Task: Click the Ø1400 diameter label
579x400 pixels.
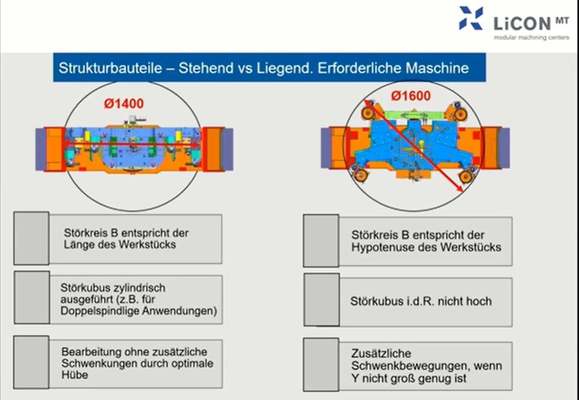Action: click(x=123, y=104)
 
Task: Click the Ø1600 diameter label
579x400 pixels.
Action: click(x=411, y=96)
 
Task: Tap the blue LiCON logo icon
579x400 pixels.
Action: click(x=471, y=18)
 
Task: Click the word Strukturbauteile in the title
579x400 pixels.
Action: click(x=110, y=69)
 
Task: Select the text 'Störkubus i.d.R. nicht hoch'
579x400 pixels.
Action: click(x=421, y=301)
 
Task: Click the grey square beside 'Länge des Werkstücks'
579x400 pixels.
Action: click(x=31, y=238)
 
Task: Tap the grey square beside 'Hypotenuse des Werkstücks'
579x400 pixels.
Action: click(x=321, y=241)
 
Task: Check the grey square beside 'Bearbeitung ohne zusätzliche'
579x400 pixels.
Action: click(x=31, y=362)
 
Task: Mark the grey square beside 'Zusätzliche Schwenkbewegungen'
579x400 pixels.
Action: click(x=321, y=364)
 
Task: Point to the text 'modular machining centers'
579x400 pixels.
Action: click(x=532, y=38)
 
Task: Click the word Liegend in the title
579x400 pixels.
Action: click(x=284, y=69)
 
